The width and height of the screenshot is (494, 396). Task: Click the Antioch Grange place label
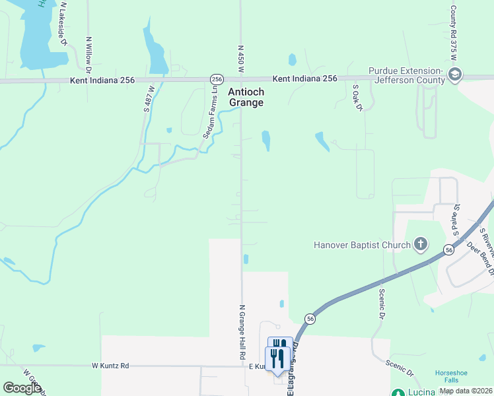(246, 97)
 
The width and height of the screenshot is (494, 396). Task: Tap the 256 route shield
(216, 79)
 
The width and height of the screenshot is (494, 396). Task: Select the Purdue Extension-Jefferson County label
(406, 75)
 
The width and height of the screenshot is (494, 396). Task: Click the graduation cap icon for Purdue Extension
(454, 75)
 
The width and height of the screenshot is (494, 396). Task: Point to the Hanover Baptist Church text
(362, 246)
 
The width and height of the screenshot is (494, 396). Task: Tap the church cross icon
(420, 246)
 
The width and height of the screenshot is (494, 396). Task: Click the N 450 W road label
(241, 59)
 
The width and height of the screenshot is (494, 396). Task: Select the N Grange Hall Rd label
(242, 332)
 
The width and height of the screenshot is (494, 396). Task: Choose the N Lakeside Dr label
(64, 23)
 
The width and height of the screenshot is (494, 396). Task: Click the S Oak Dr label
(358, 97)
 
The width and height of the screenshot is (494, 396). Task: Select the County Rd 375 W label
(454, 33)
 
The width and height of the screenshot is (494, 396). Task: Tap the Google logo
(22, 388)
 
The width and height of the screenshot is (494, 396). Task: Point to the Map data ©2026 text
(466, 391)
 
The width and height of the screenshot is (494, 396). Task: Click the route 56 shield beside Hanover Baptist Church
(449, 250)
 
